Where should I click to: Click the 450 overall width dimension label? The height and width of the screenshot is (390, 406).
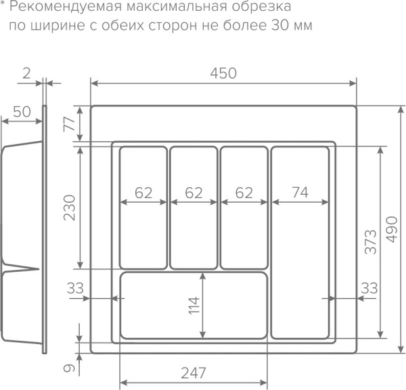(x=223, y=73)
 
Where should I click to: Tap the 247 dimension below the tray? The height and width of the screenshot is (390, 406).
(x=194, y=372)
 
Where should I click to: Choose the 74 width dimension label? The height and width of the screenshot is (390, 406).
(x=300, y=193)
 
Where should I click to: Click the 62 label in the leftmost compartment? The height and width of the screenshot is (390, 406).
(x=143, y=193)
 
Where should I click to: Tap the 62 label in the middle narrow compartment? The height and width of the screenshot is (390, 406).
(x=194, y=193)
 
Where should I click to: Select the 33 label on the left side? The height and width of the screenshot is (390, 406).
(x=76, y=289)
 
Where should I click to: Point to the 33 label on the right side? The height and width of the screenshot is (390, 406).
(x=369, y=289)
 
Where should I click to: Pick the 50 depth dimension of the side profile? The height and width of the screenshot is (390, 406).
(x=21, y=112)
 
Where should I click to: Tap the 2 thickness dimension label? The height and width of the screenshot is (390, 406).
(x=26, y=73)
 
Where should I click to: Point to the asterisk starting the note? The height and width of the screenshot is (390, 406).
(x=3, y=6)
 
